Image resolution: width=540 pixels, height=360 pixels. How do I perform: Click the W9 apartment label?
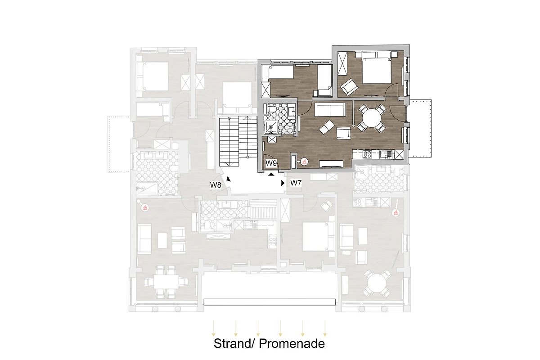click(271, 163)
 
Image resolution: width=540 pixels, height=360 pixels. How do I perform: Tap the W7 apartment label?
click(296, 183)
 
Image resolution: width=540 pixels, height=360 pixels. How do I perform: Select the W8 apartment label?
click(216, 185)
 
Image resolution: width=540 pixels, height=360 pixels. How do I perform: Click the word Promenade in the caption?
click(292, 344)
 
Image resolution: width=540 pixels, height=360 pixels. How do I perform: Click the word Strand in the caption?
click(232, 344)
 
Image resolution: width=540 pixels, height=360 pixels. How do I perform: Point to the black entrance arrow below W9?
click(271, 174)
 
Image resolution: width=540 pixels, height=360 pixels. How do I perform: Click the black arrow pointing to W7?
click(283, 183)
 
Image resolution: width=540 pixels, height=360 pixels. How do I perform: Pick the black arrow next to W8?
click(229, 179)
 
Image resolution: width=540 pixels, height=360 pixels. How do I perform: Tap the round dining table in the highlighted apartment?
click(372, 118)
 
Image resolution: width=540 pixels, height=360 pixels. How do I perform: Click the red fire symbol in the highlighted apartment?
click(305, 162)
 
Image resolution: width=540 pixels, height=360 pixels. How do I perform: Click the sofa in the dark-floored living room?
click(330, 110)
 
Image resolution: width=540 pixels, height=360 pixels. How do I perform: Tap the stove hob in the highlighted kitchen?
click(367, 154)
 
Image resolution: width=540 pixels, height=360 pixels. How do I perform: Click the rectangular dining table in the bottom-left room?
click(166, 282)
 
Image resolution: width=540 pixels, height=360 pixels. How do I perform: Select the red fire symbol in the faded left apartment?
click(145, 207)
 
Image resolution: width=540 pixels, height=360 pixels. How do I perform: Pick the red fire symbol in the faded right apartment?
click(396, 213)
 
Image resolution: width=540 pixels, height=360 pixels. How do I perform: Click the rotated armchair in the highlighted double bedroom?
click(349, 87)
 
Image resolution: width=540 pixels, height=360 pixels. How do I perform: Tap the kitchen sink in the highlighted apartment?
click(385, 154)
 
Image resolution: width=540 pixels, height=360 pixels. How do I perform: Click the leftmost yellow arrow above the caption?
click(213, 328)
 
